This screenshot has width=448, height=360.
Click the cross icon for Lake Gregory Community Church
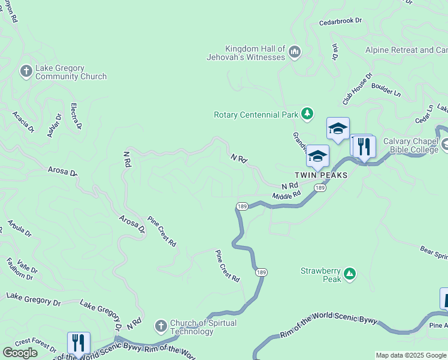tap(26, 72)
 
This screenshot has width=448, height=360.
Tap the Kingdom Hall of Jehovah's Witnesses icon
tap(294, 53)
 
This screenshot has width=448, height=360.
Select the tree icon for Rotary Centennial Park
tap(307, 113)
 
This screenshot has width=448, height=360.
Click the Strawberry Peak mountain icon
tap(350, 275)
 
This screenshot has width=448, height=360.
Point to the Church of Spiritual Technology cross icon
tap(161, 327)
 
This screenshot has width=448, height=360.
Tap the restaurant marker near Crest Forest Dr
tap(78, 343)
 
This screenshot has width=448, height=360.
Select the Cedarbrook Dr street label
tap(341, 20)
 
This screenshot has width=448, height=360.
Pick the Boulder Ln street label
tap(386, 89)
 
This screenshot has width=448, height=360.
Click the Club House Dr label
tap(358, 88)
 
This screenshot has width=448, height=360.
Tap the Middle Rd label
tap(286, 196)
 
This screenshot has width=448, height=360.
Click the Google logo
tap(20, 352)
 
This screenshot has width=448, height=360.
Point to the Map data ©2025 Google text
tap(411, 355)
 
